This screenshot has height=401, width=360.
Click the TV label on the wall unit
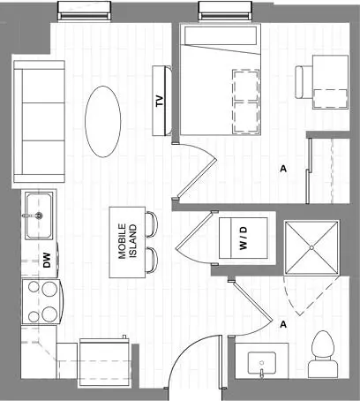pyautogui.click(x=160, y=101)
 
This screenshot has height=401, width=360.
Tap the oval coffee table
pyautogui.click(x=103, y=121)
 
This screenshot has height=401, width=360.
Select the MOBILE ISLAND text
pyautogui.click(x=127, y=241)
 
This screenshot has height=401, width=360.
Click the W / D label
pyautogui.click(x=244, y=238)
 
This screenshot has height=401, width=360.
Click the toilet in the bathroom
pyautogui.click(x=323, y=354)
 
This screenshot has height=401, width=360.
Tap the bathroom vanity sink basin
pyautogui.click(x=261, y=363)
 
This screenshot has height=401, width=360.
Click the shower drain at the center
pyautogui.click(x=311, y=248)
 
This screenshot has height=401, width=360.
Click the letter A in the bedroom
pyautogui.click(x=283, y=169)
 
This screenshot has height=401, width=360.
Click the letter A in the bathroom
pyautogui.click(x=283, y=324)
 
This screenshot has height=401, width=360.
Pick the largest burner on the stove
pyautogui.click(x=49, y=289)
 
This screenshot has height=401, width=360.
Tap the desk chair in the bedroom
pyautogui.click(x=304, y=82)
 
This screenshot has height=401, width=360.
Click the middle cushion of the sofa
pyautogui.click(x=43, y=122)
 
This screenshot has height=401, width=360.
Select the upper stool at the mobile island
pyautogui.click(x=152, y=224)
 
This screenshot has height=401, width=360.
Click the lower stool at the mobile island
pyautogui.click(x=152, y=261)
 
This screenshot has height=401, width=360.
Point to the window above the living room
pyautogui.click(x=84, y=11)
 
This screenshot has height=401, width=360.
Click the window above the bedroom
pyautogui.click(x=225, y=11)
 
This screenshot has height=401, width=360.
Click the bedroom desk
pyautogui.click(x=330, y=82)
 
